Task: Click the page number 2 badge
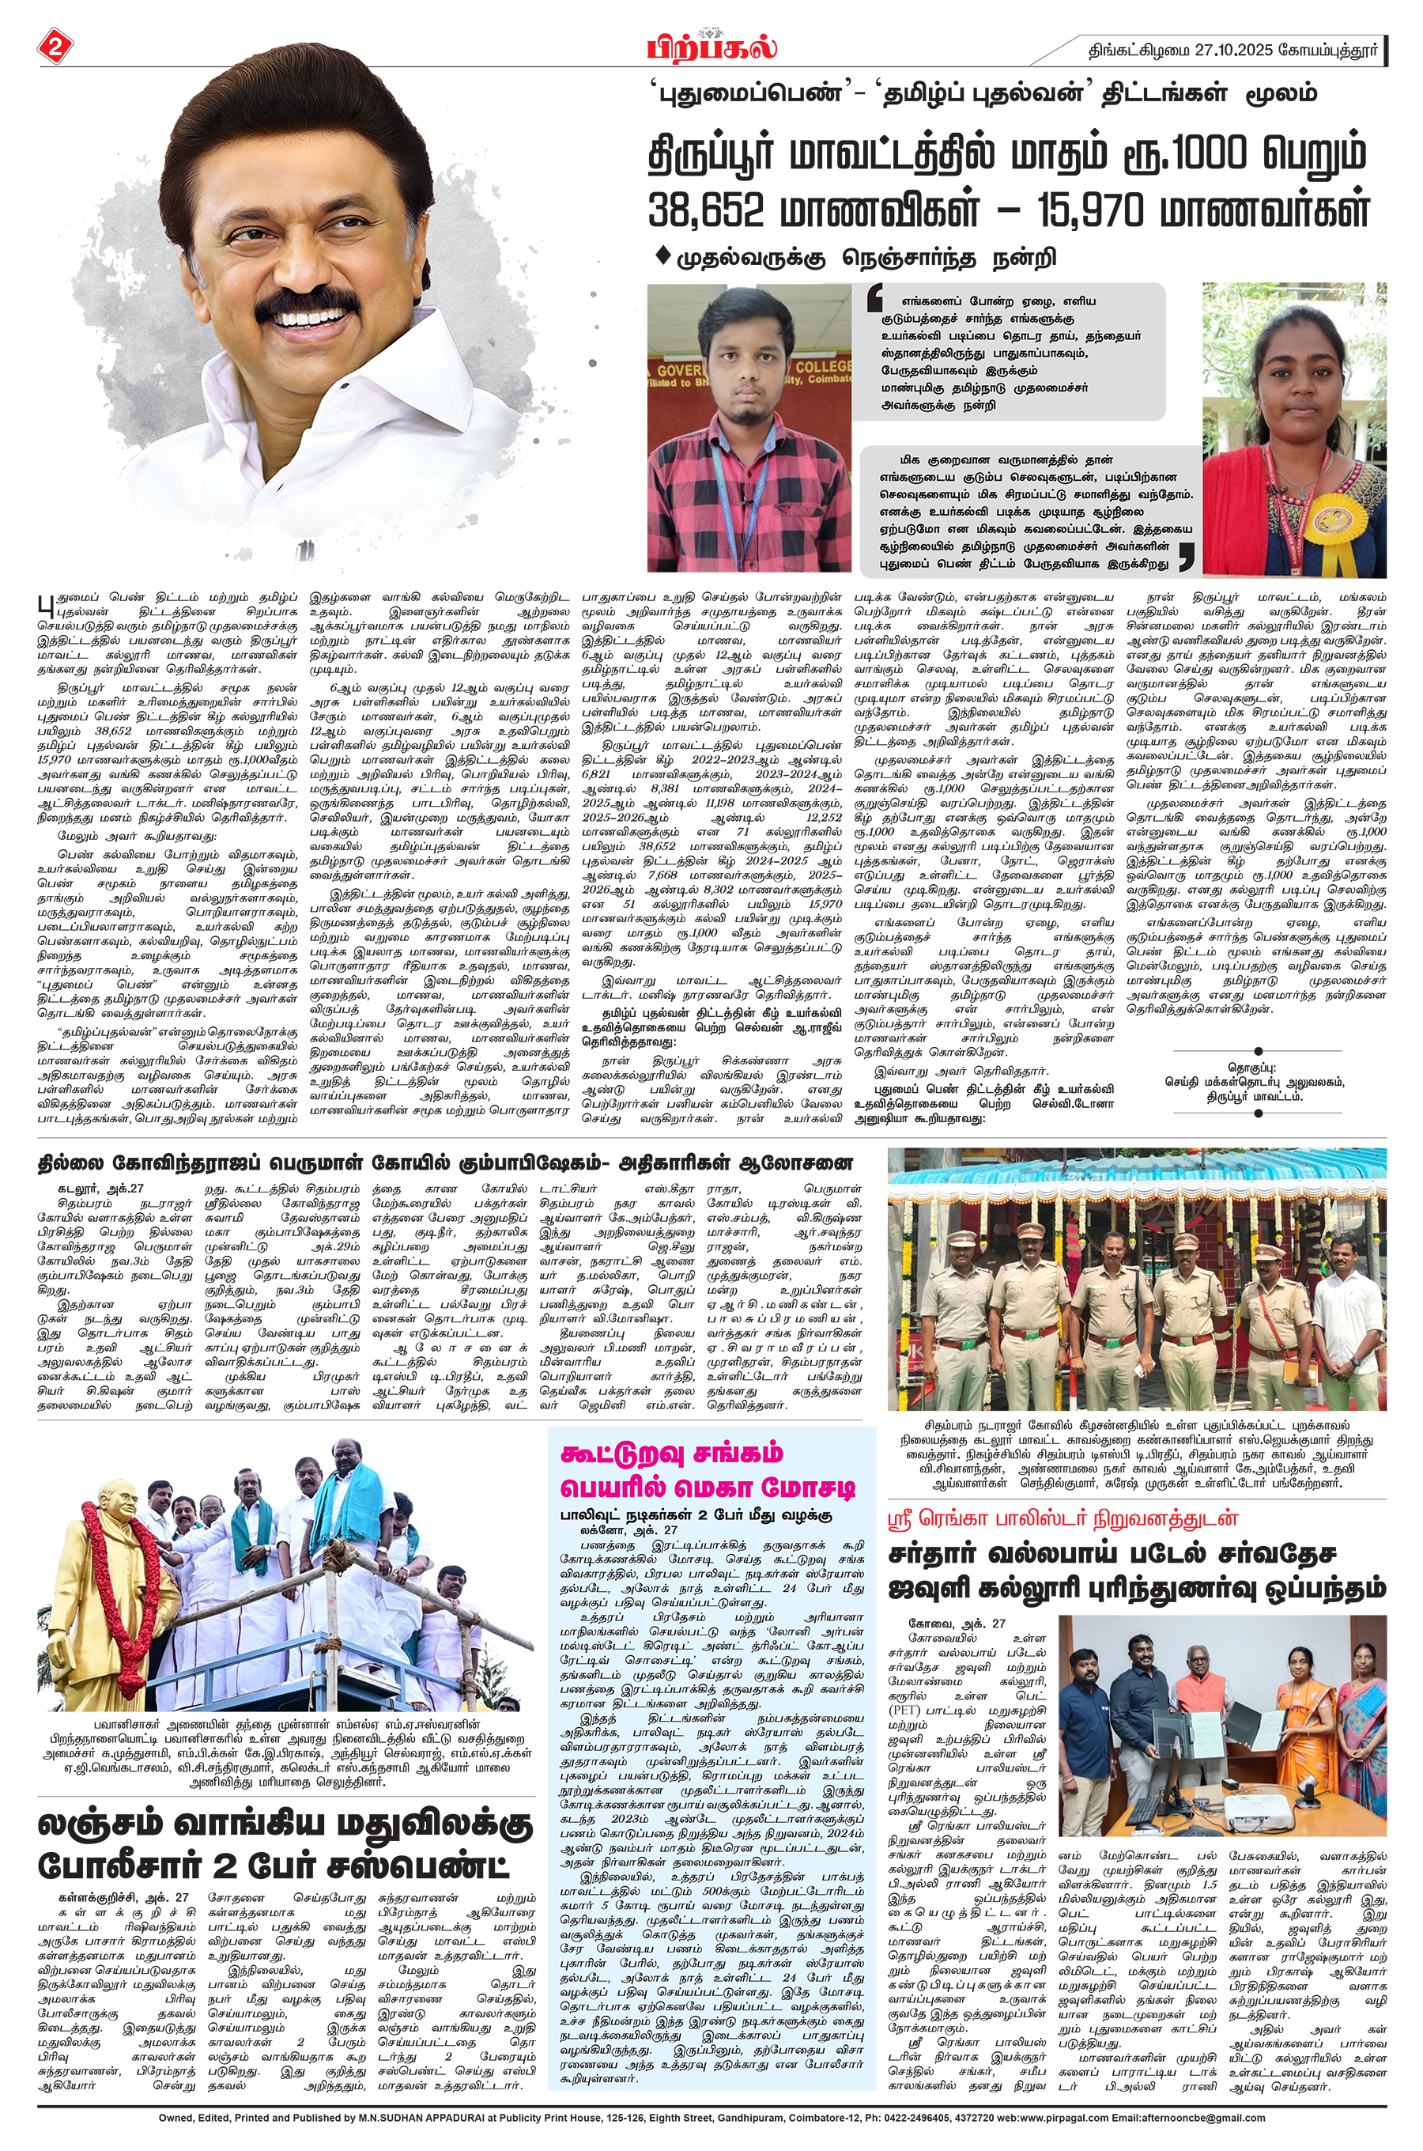pos(54,48)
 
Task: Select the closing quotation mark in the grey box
pos(1185,557)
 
